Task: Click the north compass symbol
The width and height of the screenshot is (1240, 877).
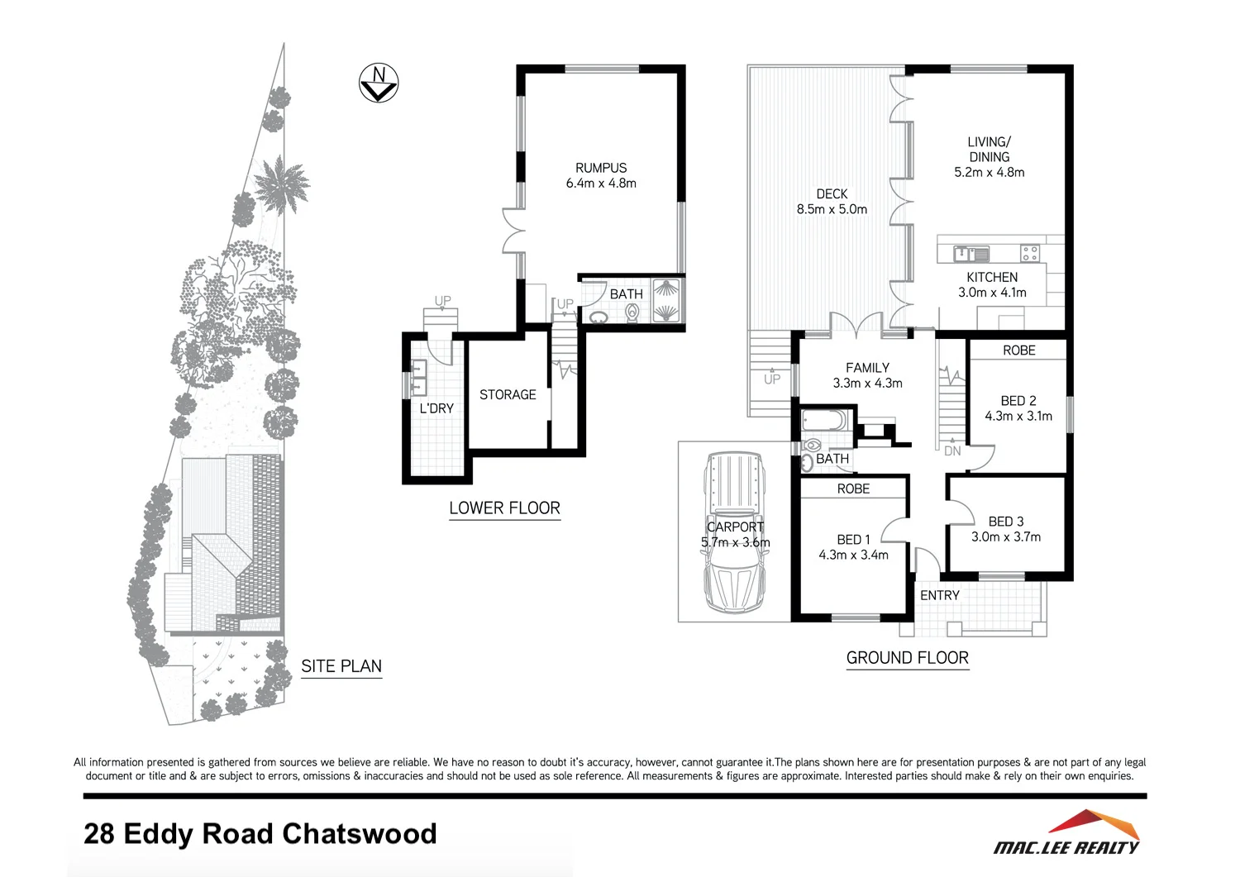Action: click(379, 83)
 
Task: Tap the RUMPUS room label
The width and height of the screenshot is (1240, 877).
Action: click(601, 168)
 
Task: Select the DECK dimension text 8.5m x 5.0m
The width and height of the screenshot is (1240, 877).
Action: click(832, 210)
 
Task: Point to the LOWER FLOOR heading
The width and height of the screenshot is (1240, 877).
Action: click(504, 508)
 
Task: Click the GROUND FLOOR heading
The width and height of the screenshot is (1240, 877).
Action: click(907, 658)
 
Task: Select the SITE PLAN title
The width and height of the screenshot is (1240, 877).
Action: click(341, 666)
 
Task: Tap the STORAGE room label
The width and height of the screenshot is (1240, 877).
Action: click(508, 395)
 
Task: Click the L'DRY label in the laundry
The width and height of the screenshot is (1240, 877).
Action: click(436, 408)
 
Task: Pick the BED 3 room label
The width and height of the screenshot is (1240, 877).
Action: click(1006, 522)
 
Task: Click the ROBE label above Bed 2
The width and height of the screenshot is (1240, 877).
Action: click(1018, 350)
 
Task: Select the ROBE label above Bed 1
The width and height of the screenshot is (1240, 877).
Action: click(853, 489)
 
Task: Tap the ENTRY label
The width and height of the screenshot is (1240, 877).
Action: click(939, 595)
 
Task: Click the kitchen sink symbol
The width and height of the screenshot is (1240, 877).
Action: click(971, 253)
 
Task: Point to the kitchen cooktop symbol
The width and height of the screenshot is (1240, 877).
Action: click(1029, 253)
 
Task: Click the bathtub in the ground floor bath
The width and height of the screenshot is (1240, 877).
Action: click(825, 420)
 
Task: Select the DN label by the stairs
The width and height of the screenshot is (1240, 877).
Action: click(952, 451)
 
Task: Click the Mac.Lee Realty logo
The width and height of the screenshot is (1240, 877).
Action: click(1067, 834)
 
